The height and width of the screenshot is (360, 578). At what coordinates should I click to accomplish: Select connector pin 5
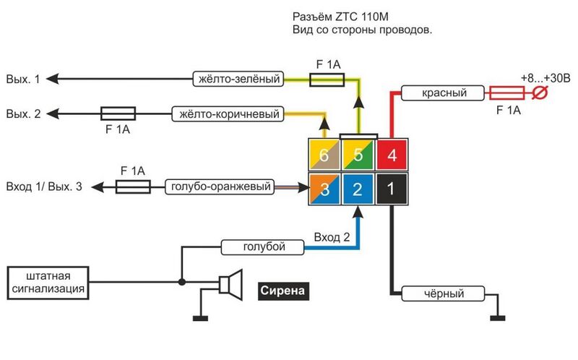pyautogui.click(x=358, y=155)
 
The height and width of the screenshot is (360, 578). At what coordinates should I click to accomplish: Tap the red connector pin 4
pyautogui.click(x=392, y=155)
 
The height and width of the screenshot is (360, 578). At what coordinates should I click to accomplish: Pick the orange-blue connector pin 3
pyautogui.click(x=324, y=189)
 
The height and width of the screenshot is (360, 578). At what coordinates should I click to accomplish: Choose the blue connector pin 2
pyautogui.click(x=358, y=189)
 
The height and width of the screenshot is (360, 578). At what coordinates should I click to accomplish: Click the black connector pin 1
pyautogui.click(x=392, y=189)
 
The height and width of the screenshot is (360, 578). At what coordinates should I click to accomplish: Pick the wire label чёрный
pyautogui.click(x=443, y=294)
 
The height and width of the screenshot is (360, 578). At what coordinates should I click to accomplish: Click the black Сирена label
pyautogui.click(x=283, y=291)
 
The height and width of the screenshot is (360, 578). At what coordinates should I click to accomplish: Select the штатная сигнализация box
pyautogui.click(x=48, y=283)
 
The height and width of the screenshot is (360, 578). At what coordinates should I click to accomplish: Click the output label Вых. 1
pyautogui.click(x=23, y=79)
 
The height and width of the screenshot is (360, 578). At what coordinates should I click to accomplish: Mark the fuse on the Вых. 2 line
pyautogui.click(x=117, y=113)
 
